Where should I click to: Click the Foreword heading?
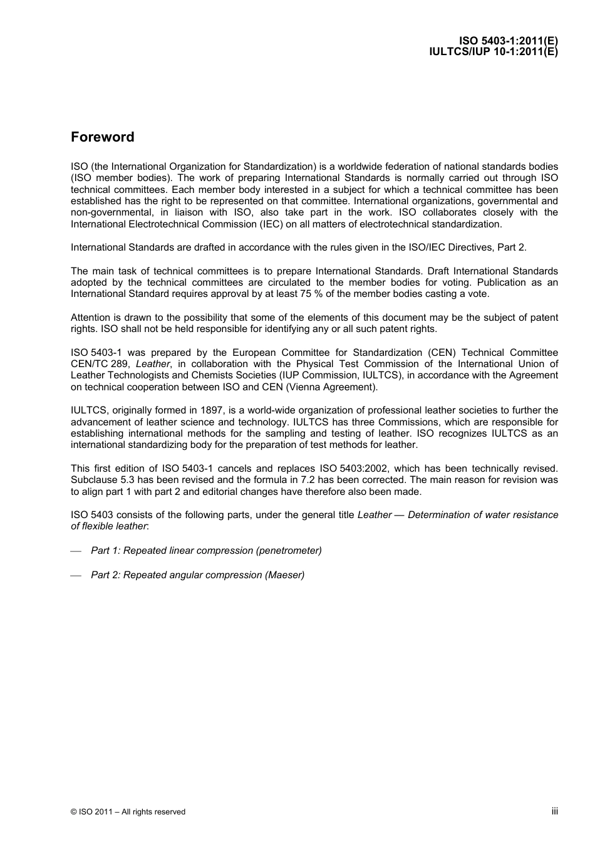[x=102, y=137]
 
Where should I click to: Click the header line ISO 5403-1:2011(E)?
[x=508, y=42]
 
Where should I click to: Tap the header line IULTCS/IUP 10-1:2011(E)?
[x=493, y=52]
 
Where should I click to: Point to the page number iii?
[x=554, y=811]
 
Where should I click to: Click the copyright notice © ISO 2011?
[x=128, y=812]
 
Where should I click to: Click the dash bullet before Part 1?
[x=76, y=551]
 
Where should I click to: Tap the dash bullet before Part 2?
[x=76, y=576]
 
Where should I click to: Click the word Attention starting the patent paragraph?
[x=90, y=318]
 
